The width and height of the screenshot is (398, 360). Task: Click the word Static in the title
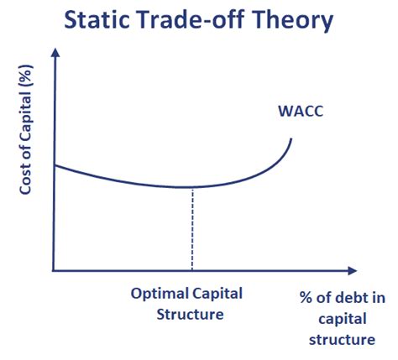click(97, 20)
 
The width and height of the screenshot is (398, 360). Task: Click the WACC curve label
click(301, 111)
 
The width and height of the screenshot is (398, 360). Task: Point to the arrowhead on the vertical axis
click(55, 52)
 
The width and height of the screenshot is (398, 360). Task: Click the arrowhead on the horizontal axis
click(353, 270)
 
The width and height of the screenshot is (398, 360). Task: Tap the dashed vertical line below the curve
click(192, 229)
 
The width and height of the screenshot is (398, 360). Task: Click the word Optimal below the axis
click(160, 295)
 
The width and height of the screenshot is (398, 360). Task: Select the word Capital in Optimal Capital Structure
click(217, 295)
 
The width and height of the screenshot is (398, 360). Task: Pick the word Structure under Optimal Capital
click(190, 315)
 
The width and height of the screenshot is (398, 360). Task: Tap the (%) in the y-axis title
click(26, 75)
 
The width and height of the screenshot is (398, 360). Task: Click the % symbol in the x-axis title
click(306, 297)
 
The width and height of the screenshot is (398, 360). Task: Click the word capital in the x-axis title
click(343, 320)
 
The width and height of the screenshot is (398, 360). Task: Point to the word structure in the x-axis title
click(342, 340)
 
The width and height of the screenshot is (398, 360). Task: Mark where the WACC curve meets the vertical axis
click(55, 165)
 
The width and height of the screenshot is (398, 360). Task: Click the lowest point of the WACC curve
click(185, 187)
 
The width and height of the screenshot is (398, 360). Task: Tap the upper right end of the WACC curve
click(291, 138)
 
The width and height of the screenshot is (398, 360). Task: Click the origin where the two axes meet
click(54, 270)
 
